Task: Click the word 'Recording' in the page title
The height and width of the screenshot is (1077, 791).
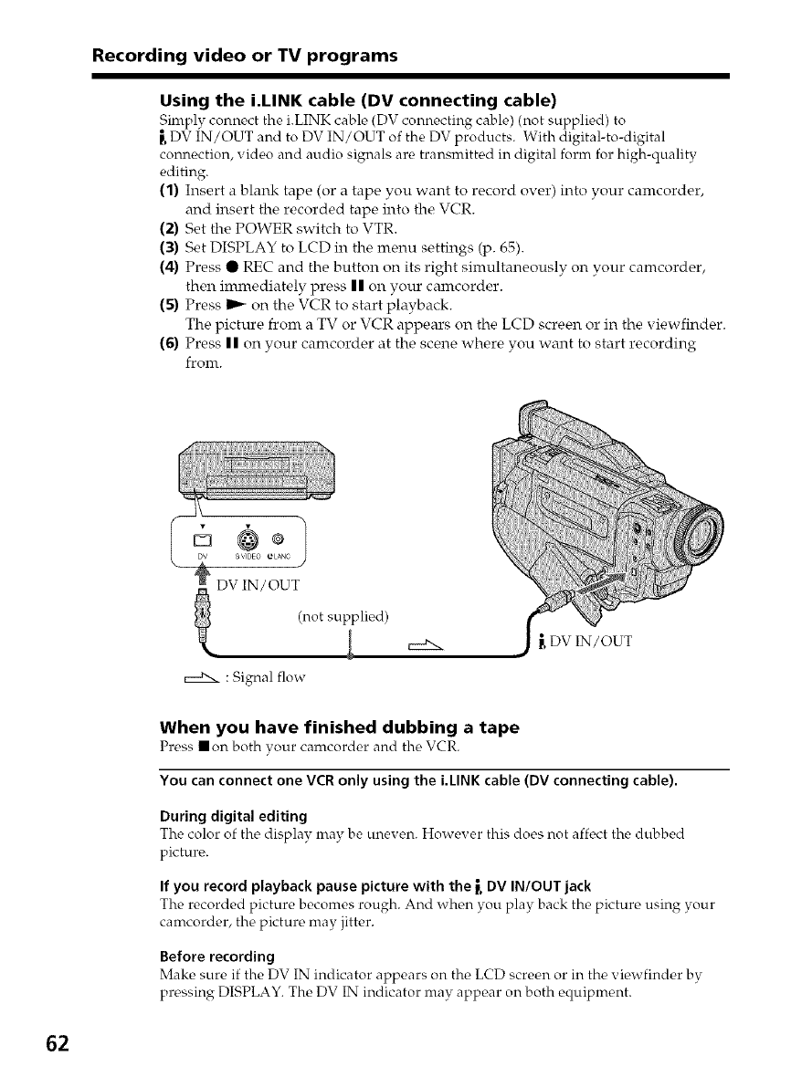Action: point(137,57)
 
